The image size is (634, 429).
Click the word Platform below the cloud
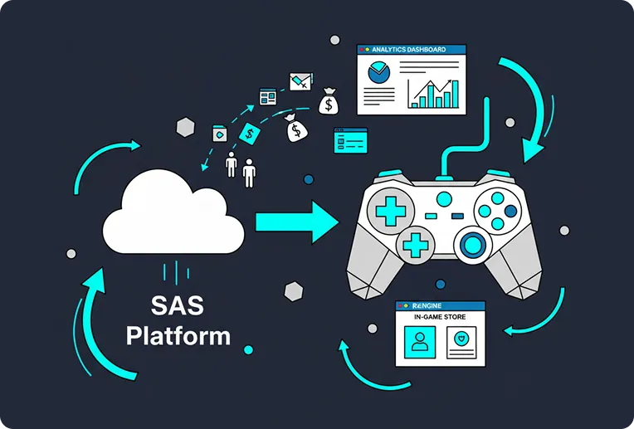point(178,335)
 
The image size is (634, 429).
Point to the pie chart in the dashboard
point(380,75)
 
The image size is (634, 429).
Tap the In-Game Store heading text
point(440,318)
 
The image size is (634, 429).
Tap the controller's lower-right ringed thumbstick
point(474,244)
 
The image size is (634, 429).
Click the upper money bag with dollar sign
point(329,102)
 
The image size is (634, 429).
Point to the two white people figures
point(241,169)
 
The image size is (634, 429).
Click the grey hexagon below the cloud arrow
point(292,291)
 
